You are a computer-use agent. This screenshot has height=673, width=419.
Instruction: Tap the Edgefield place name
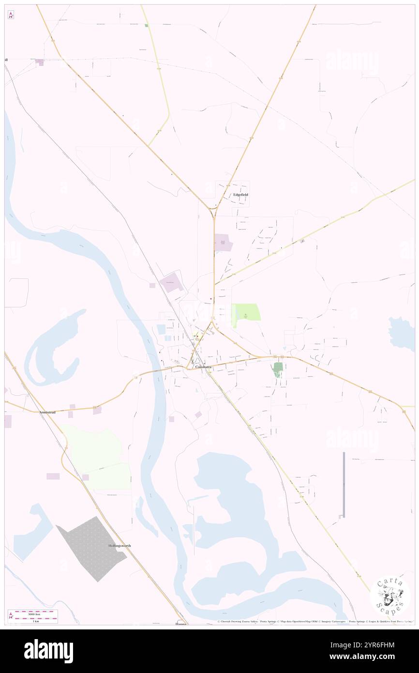(240, 195)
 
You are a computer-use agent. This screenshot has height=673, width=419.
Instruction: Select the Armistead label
(47, 412)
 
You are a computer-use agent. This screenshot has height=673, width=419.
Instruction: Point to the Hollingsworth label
(120, 546)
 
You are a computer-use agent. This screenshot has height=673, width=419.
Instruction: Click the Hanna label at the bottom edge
(181, 624)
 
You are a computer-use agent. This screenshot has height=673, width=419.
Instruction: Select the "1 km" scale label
(32, 621)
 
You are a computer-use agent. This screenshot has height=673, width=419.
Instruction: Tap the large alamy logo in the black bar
(48, 650)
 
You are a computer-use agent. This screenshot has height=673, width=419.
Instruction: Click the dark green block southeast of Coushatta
(277, 369)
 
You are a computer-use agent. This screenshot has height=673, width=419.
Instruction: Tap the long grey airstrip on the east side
(344, 484)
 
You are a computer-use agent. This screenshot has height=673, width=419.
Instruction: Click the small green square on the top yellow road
(146, 25)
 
